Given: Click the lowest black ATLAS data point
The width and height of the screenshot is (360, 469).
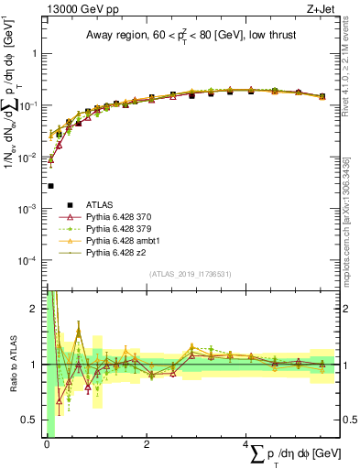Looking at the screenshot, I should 50,186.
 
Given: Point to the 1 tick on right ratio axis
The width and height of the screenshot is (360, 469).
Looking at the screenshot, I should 345,365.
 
